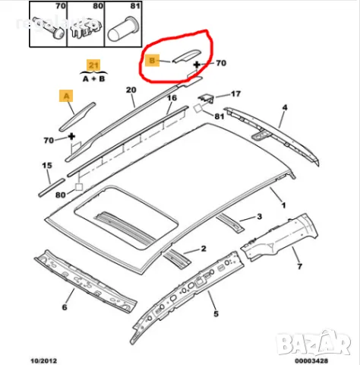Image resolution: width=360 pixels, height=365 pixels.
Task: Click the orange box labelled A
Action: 67,96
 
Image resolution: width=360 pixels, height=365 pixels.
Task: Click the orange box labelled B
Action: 153,59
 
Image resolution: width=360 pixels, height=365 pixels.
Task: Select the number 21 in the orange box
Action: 93,65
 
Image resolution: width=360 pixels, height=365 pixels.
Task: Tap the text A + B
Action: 93,78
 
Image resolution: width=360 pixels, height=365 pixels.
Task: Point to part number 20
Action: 130,90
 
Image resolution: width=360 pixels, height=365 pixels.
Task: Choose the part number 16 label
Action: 172,98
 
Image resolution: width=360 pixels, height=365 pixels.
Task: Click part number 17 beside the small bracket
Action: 235,95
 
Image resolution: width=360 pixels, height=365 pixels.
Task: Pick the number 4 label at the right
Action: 283,107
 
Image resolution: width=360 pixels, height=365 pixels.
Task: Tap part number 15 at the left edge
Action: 47,165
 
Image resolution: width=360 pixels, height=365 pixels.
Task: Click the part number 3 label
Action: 259,217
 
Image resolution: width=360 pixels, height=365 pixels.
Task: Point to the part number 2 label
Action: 204,249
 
